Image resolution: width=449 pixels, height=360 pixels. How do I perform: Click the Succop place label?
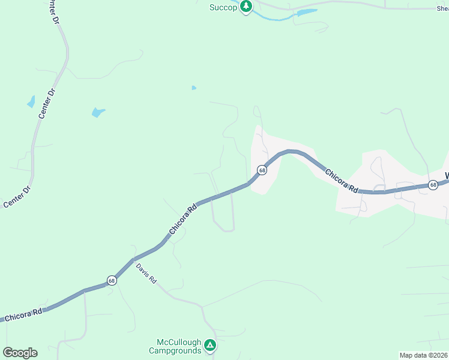coord(224,7)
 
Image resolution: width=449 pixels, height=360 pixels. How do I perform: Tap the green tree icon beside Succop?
coord(246,7)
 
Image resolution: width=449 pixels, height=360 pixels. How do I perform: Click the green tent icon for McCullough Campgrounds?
coord(209,345)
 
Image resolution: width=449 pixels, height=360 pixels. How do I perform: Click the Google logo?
coord(20,353)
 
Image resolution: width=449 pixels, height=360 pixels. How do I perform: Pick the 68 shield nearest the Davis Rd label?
coord(112,280)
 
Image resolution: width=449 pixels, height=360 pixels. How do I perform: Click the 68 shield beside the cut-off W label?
coord(433,185)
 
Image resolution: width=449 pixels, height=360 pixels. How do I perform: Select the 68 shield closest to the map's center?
coord(262,170)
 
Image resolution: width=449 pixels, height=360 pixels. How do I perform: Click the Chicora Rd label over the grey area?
coord(342,181)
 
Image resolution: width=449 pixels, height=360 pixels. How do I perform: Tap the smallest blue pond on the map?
coord(193,88)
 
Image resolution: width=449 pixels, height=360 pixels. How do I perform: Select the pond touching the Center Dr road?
coord(31,102)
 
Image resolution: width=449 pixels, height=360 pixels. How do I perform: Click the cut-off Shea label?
coord(442,8)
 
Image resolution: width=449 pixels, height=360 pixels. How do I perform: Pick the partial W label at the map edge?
coord(446,176)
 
